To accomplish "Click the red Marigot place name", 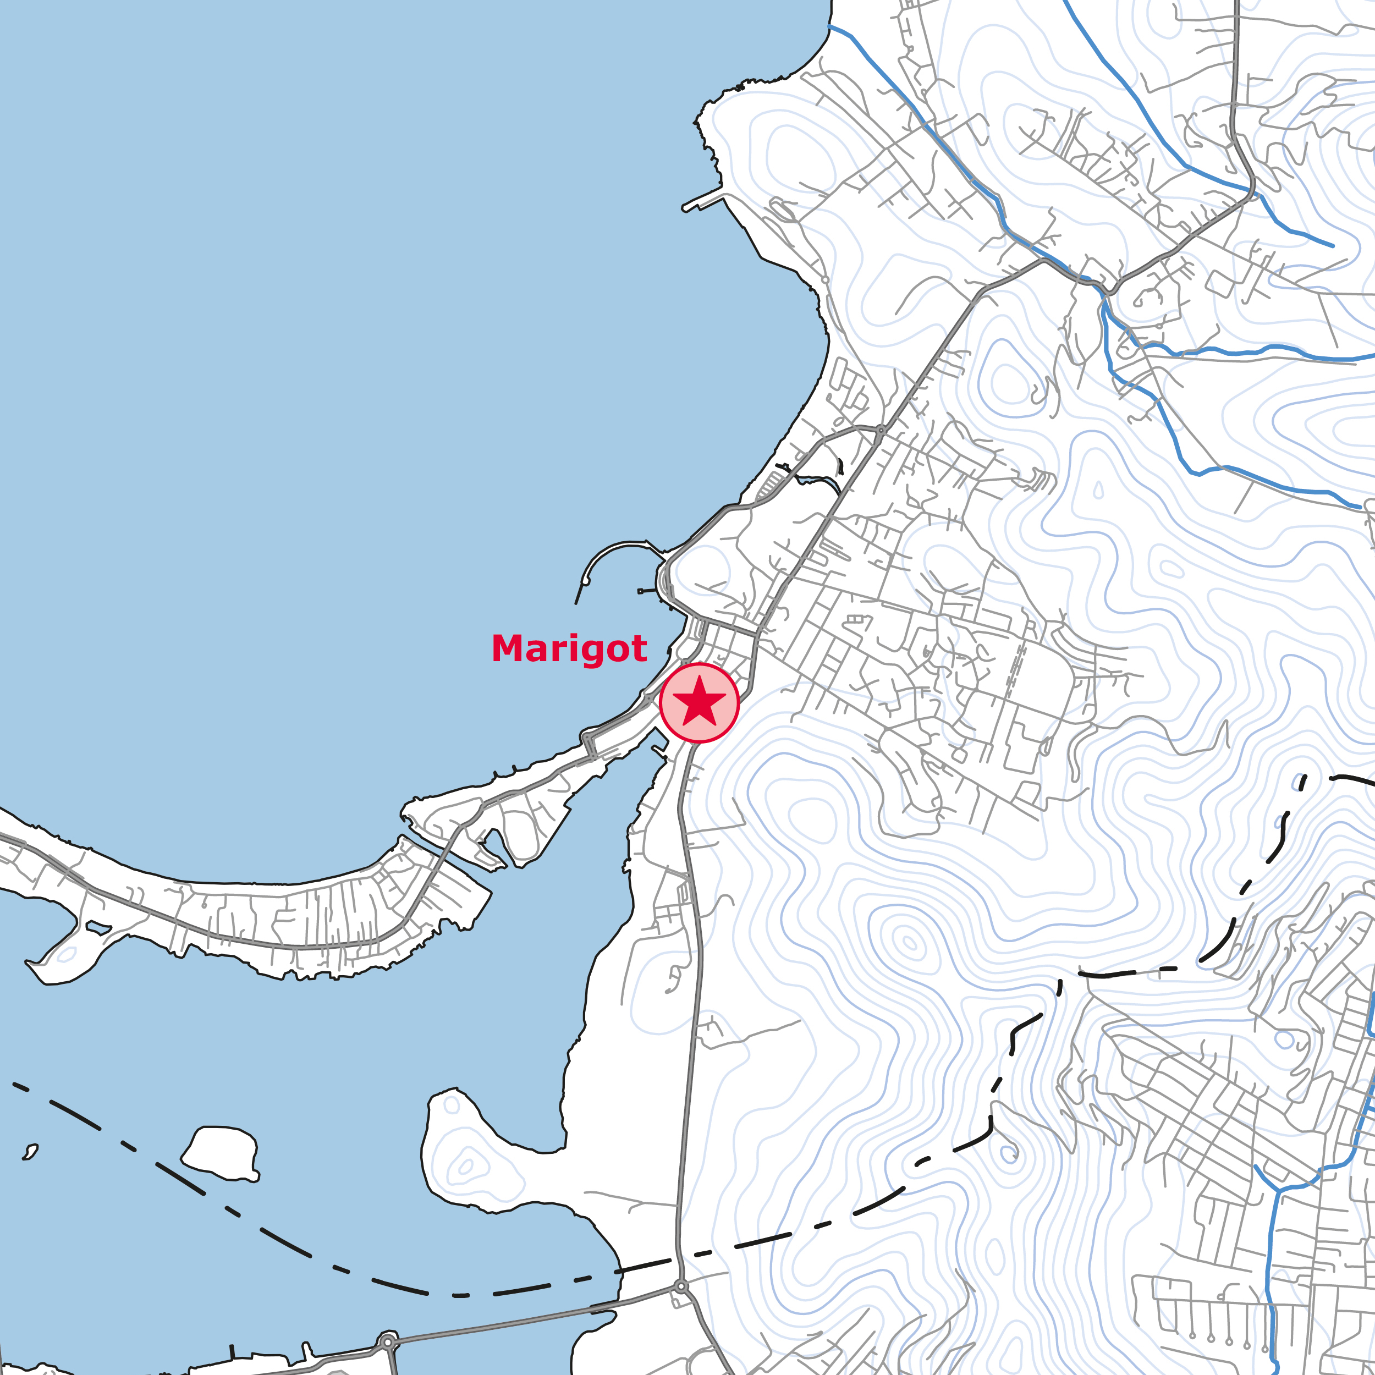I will coord(569,649).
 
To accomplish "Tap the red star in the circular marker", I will coord(699,702).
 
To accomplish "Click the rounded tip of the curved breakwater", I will coord(586,581).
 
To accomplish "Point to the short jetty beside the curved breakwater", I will coord(647,591).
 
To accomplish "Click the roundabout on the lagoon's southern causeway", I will coord(388,1342).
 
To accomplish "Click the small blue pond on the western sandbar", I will coord(97,928).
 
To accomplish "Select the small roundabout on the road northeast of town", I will coord(881,430).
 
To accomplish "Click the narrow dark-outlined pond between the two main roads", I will coord(818,480).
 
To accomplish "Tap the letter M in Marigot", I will coord(510,648).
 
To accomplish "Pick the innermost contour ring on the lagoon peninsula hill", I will coord(465,1166).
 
